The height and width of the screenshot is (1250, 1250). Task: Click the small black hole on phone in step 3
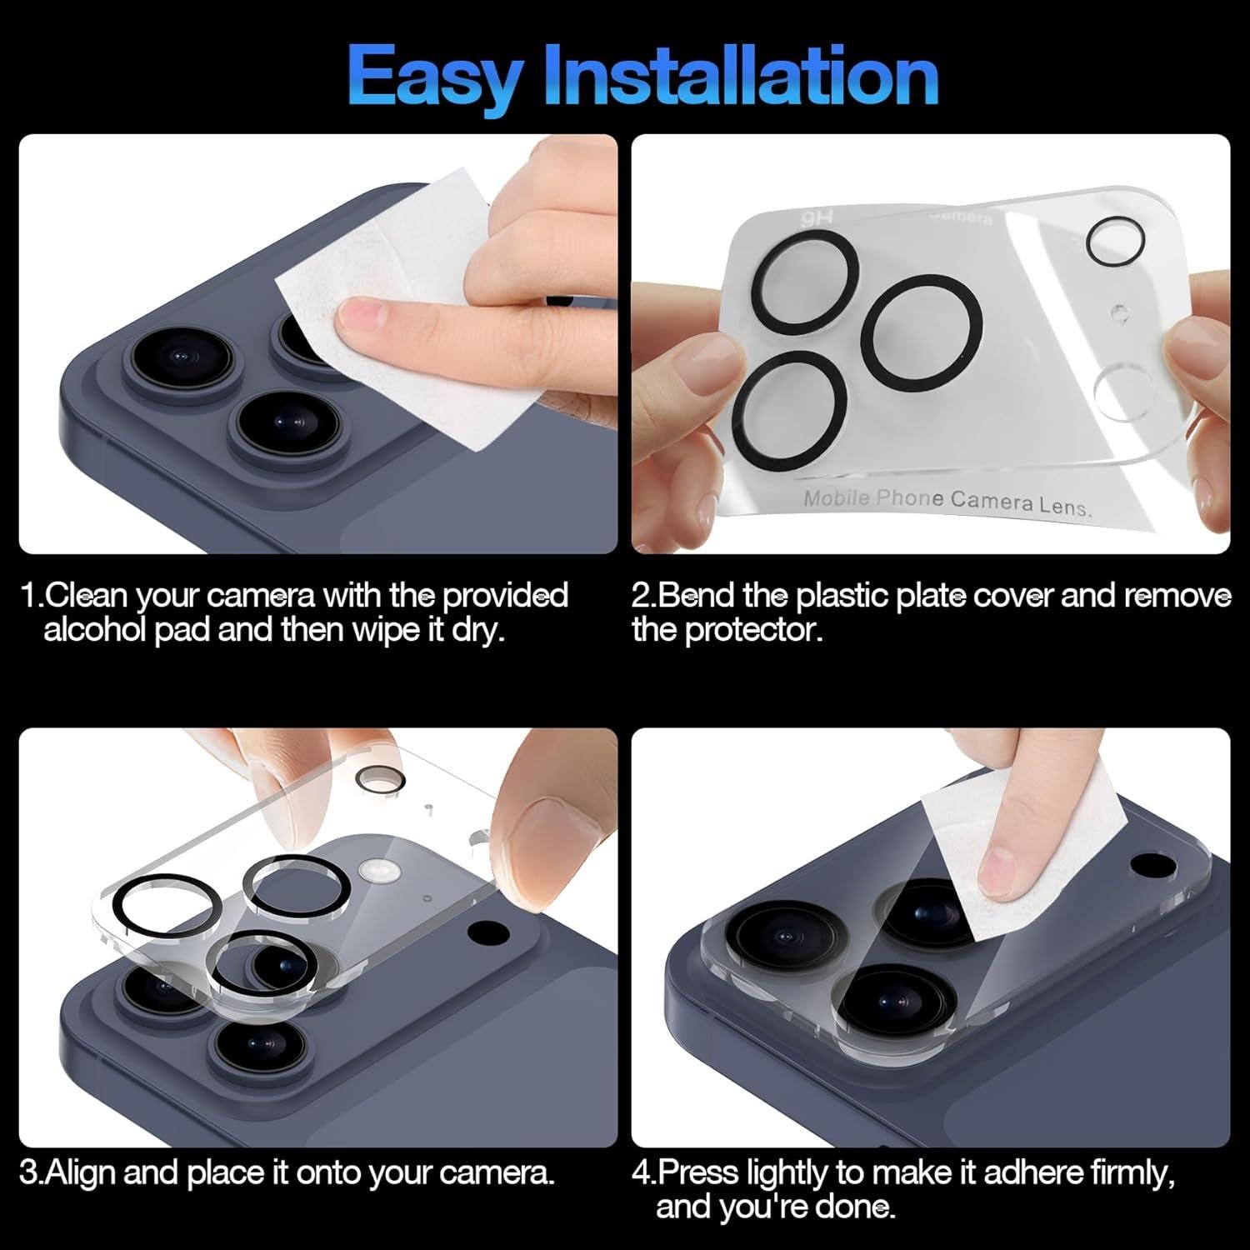pos(483,932)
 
